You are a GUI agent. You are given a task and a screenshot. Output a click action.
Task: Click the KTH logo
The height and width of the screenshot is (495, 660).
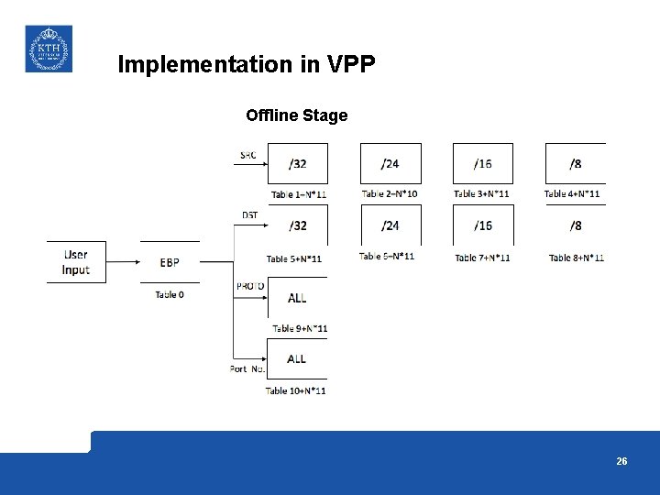[48, 49]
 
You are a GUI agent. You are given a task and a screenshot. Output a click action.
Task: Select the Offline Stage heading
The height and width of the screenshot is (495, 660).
[296, 115]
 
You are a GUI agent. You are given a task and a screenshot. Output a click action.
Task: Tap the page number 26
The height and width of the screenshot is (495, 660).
[621, 461]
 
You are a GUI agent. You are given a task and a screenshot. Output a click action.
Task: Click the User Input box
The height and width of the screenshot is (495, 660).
[76, 262]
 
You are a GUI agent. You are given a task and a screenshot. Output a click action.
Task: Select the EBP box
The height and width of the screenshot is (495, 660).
[170, 263]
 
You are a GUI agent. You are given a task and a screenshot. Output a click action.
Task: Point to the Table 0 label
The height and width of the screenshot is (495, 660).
[170, 295]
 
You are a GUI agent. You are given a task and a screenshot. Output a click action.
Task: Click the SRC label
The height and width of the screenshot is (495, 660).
[248, 155]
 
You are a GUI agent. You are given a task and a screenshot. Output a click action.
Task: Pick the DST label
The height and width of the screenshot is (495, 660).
[249, 215]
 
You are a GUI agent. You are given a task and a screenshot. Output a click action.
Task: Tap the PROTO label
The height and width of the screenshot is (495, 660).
[250, 286]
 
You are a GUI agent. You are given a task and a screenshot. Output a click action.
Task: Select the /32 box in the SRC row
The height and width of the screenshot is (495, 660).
[297, 164]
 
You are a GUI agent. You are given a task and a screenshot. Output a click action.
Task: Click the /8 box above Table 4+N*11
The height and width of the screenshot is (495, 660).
[575, 164]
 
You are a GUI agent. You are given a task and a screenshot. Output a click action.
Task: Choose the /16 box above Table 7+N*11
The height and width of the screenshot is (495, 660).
[482, 225]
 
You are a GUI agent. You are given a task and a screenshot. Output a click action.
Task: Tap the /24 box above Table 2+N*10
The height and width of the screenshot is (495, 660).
[390, 164]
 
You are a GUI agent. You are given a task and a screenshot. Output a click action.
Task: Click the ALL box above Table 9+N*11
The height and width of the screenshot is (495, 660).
[297, 299]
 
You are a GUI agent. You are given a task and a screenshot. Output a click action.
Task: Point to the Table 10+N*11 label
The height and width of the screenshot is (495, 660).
[295, 391]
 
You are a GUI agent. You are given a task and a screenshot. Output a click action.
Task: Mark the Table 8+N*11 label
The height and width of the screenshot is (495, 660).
[576, 258]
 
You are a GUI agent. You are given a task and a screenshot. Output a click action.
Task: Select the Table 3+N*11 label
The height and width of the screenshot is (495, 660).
[481, 194]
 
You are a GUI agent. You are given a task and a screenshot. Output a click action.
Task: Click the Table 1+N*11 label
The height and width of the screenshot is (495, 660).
[298, 194]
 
